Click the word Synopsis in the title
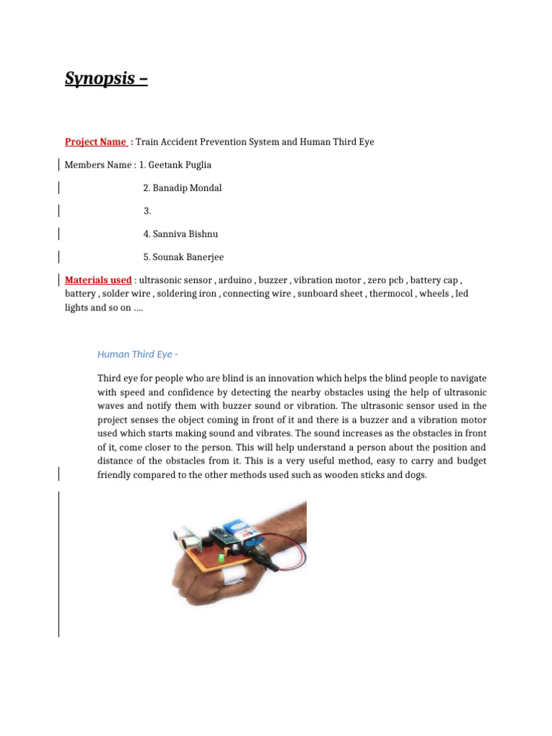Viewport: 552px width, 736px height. tap(100, 78)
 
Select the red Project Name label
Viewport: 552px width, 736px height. tap(96, 142)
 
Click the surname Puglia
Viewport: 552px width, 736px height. tap(197, 165)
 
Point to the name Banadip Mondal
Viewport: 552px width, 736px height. tap(187, 188)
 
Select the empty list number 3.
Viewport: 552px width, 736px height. tap(147, 211)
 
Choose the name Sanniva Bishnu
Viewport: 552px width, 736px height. tap(185, 234)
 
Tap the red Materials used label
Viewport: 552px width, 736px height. tap(98, 280)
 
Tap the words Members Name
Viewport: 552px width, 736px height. tap(98, 165)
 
